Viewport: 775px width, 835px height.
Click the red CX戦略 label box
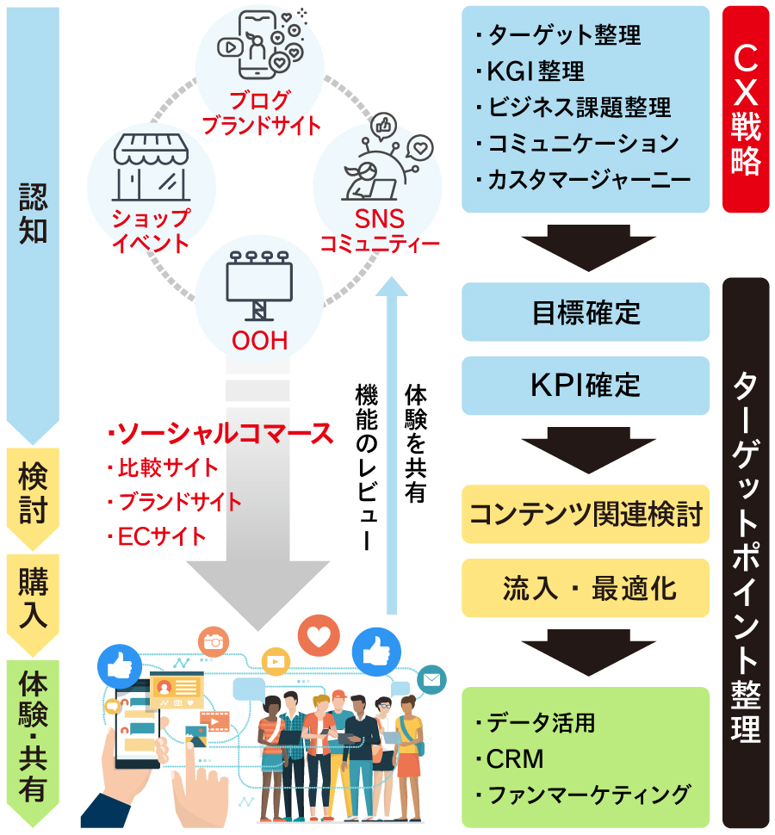point(746,110)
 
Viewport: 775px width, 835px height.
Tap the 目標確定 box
point(586,312)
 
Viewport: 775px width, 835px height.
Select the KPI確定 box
point(586,385)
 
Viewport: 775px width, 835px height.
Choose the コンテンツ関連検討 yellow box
point(586,515)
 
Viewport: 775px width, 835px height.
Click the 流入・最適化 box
point(586,589)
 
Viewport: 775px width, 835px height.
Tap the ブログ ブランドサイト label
point(260,113)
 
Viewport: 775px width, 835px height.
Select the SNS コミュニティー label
point(379,232)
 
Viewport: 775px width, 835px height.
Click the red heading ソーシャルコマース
point(220,432)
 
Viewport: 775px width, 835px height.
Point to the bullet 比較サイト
point(167,468)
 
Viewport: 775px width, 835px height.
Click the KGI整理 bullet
point(534,71)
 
